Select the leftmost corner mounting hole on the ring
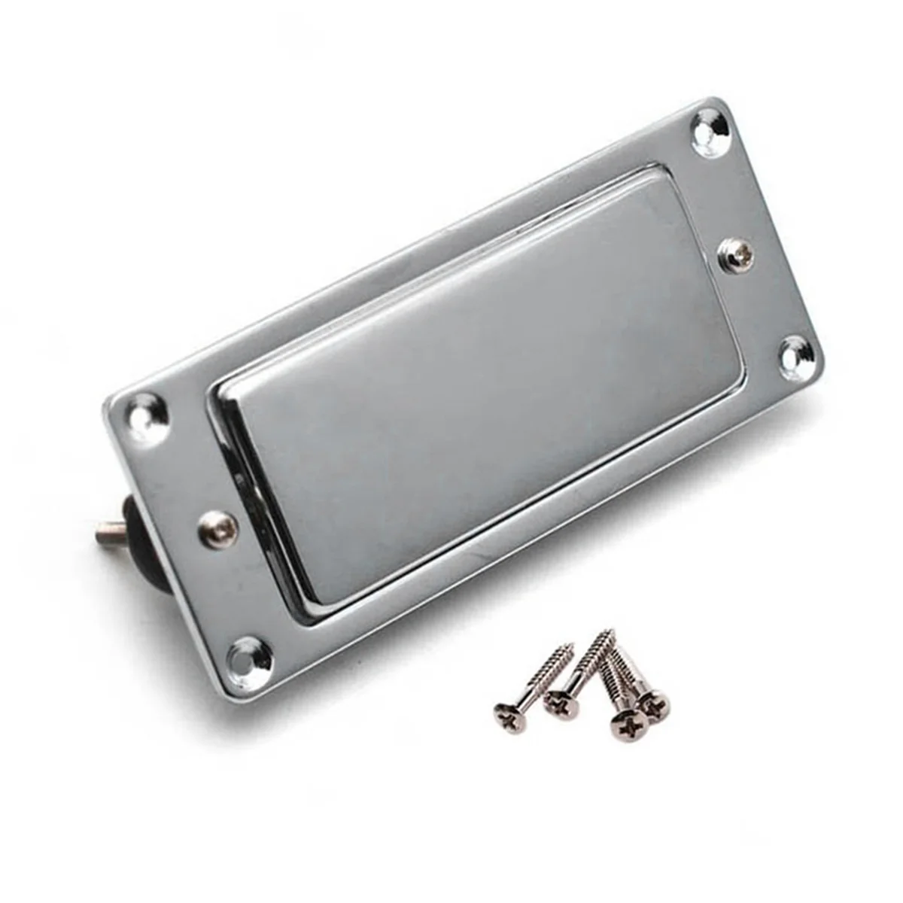(147, 412)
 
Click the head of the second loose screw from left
(561, 704)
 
